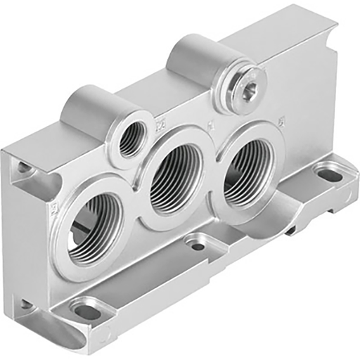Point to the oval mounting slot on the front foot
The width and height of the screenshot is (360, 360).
(86, 311)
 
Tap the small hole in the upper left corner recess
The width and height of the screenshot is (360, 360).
(25, 168)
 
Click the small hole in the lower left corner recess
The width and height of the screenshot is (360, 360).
(26, 304)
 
